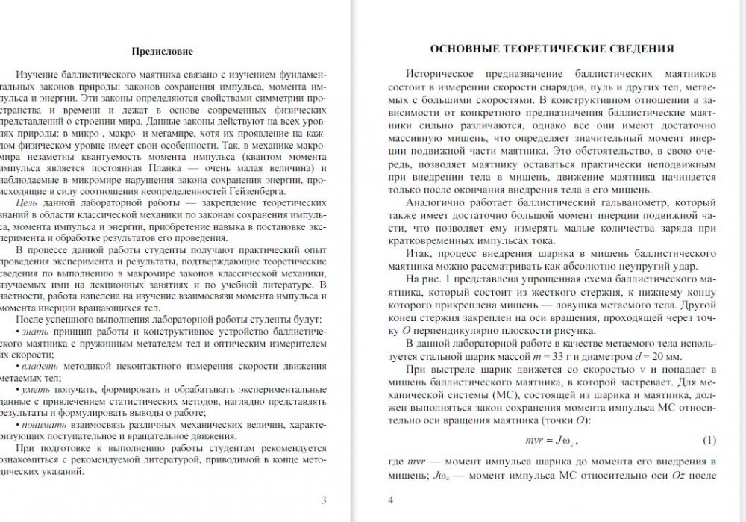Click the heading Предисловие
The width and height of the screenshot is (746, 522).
pos(162,52)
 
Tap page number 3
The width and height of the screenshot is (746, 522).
pos(323,500)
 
